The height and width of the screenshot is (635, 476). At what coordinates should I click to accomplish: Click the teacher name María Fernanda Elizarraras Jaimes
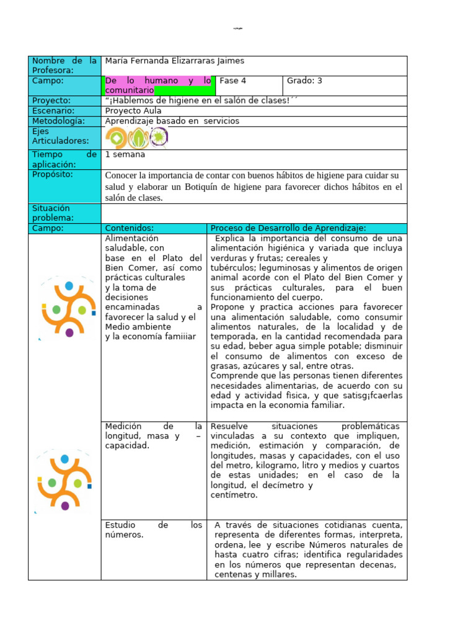pyautogui.click(x=175, y=61)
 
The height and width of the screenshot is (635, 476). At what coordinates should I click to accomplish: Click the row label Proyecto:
pyautogui.click(x=51, y=100)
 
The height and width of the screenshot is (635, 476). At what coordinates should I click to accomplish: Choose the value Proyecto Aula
pyautogui.click(x=133, y=111)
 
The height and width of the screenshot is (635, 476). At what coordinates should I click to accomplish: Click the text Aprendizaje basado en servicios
pyautogui.click(x=172, y=121)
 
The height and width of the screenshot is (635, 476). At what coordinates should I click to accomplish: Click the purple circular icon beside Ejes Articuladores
pyautogui.click(x=159, y=137)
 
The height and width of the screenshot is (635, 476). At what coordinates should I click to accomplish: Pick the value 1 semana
pyautogui.click(x=126, y=154)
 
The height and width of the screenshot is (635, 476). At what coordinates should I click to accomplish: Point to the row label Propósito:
pyautogui.click(x=53, y=174)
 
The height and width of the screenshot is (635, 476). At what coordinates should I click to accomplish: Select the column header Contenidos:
pyautogui.click(x=130, y=228)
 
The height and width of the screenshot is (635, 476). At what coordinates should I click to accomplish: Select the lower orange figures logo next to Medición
pyautogui.click(x=64, y=480)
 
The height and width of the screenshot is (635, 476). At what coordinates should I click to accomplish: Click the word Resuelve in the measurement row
pyautogui.click(x=231, y=427)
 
